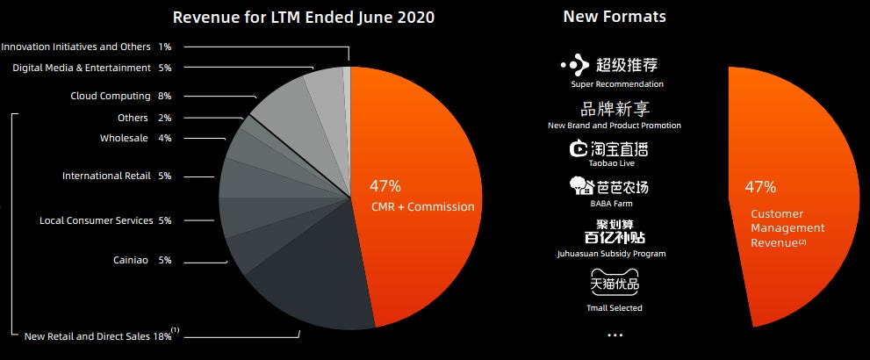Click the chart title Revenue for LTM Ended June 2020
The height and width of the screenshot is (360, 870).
[x=304, y=18]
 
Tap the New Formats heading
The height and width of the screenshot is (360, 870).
[x=615, y=17]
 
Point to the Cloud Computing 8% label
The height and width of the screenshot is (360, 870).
[x=121, y=96]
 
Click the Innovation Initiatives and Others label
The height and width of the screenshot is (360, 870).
[x=86, y=46]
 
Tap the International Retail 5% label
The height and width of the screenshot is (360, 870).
[x=117, y=176]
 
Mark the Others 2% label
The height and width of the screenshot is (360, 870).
[x=144, y=118]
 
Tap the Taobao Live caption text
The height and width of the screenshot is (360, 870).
[x=615, y=163]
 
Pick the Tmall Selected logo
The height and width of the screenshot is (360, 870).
[x=615, y=284]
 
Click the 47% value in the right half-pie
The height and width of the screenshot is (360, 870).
[x=760, y=186]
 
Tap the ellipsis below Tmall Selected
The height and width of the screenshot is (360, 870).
[x=615, y=335]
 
